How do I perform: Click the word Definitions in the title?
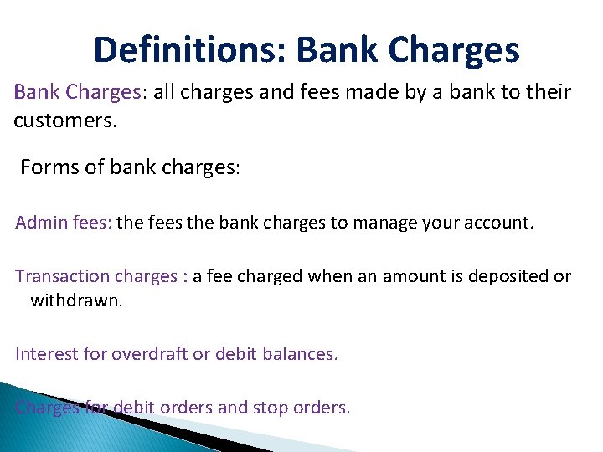(x=188, y=50)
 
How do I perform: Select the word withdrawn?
(x=76, y=300)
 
